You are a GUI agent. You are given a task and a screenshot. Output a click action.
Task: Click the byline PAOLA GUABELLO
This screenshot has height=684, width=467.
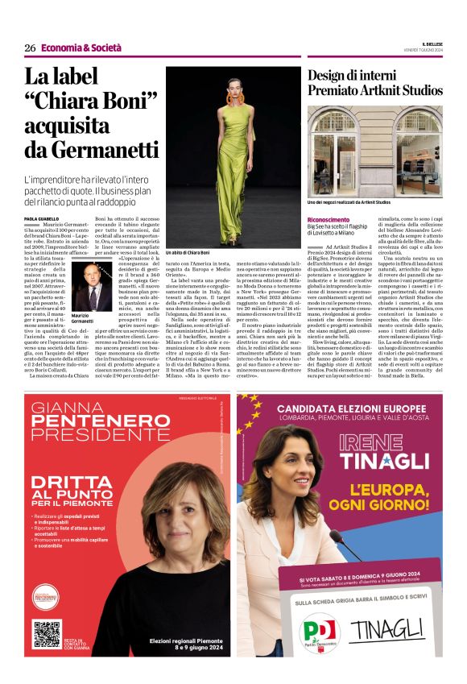tap(42, 218)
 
